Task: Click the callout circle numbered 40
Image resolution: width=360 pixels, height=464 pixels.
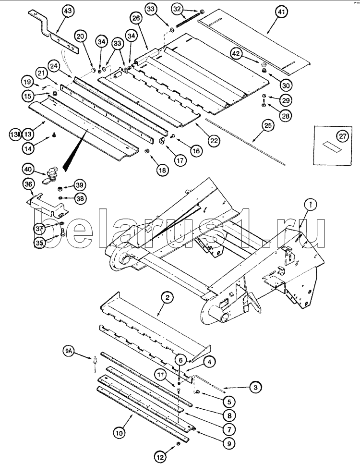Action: (28, 169)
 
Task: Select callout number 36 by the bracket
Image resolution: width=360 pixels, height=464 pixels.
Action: (29, 184)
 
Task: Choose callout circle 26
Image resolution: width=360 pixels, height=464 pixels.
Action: (136, 19)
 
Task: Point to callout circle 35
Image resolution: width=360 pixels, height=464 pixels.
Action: (40, 244)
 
